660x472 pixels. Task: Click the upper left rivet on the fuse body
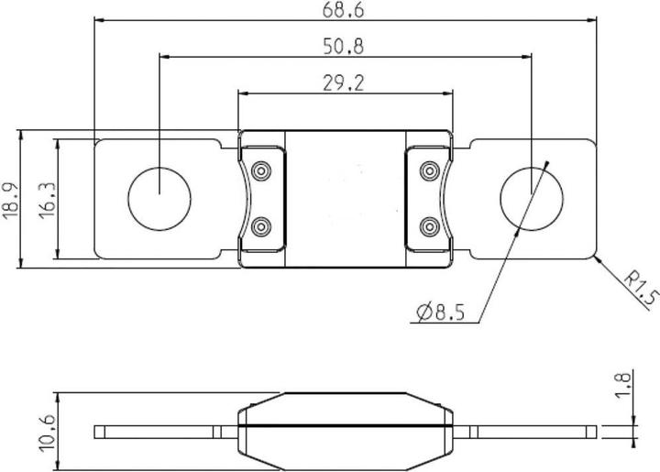pos(261,171)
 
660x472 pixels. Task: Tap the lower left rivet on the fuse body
pos(261,225)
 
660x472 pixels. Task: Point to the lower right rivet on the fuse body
pos(428,225)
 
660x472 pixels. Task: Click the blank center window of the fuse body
pos(346,198)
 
